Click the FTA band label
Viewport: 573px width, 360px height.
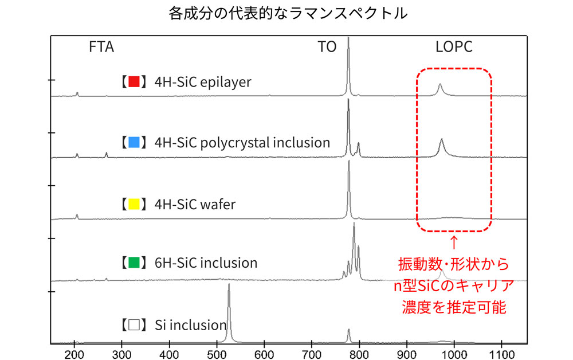pos(101,47)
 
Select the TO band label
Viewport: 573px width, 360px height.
pos(327,47)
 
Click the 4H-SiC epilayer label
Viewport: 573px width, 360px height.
pos(203,81)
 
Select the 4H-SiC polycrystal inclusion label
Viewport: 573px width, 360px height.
pos(242,142)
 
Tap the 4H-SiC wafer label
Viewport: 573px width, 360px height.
pos(195,204)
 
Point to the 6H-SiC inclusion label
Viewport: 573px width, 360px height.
pos(206,263)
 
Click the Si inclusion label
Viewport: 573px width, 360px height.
pos(190,325)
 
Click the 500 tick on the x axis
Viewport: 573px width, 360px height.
pos(217,352)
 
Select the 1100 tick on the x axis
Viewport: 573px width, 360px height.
pos(501,352)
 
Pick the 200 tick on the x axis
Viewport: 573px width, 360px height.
pos(74,352)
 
